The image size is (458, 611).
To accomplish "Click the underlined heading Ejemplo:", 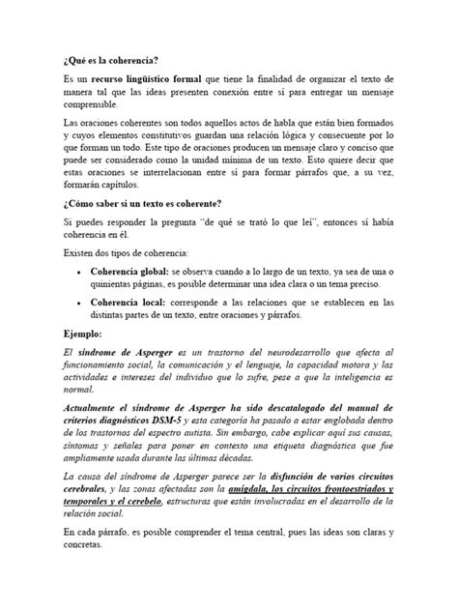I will (x=86, y=334).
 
